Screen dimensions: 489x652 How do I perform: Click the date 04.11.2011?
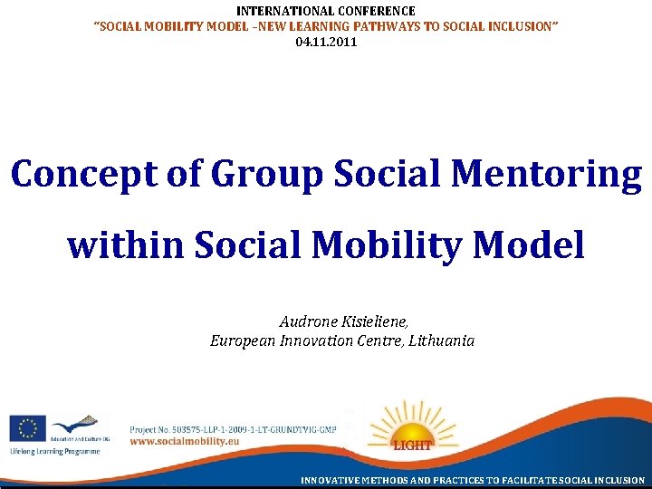(x=326, y=43)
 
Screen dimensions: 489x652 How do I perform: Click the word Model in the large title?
(x=536, y=244)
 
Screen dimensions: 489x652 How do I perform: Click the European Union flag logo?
(x=27, y=427)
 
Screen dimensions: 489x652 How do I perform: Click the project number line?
(x=233, y=428)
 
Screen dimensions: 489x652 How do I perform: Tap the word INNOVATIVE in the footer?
(x=333, y=480)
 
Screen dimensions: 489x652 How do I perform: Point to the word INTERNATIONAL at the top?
(x=282, y=11)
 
